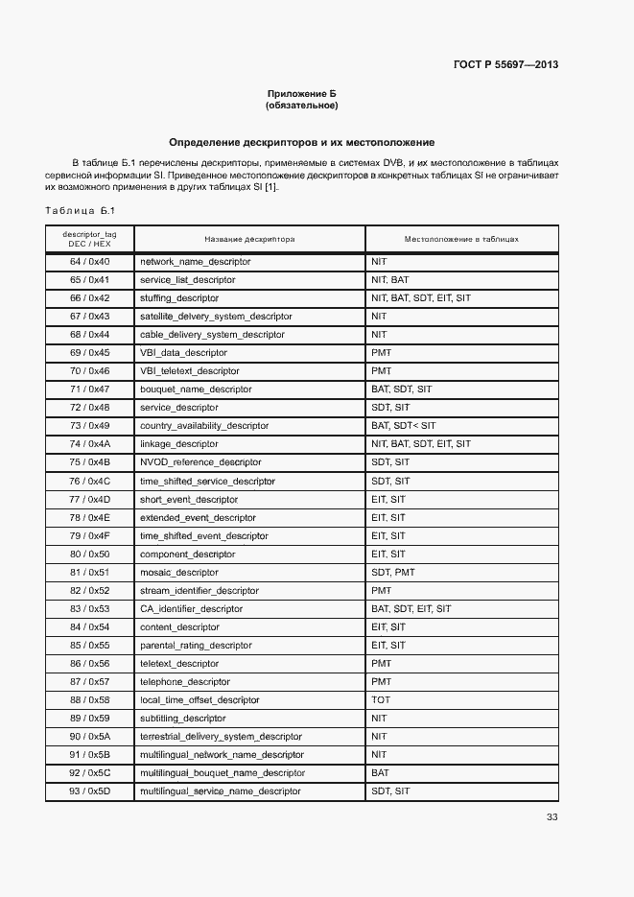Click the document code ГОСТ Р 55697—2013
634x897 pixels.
tap(505, 65)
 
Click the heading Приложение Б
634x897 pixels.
tap(302, 93)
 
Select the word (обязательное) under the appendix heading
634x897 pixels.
tap(302, 105)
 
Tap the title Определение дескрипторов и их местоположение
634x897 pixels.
tap(302, 141)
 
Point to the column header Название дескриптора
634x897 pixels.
tap(249, 239)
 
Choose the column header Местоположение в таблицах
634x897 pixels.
tap(461, 239)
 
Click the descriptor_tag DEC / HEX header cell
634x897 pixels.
tap(89, 239)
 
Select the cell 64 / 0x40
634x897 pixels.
tap(89, 262)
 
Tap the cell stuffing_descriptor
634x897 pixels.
tap(179, 298)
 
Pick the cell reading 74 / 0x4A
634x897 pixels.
tap(89, 444)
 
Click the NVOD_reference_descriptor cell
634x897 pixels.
tap(195, 462)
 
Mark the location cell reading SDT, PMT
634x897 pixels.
tap(392, 572)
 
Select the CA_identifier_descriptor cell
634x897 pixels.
tap(192, 608)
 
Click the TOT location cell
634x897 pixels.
tap(381, 700)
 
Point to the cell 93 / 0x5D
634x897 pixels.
tap(89, 791)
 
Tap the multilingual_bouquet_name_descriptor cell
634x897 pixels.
tap(223, 773)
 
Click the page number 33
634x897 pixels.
tap(552, 817)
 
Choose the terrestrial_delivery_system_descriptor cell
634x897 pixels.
tap(221, 737)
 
